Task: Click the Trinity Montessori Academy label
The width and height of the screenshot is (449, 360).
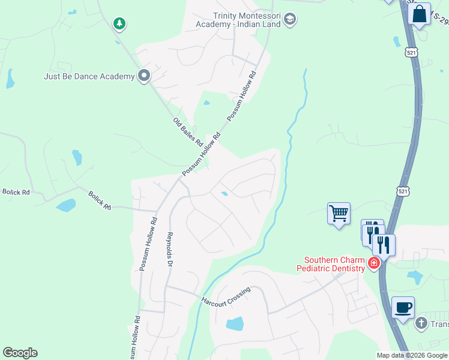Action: coord(247,20)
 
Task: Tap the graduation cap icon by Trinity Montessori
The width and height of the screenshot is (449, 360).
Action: coord(291,20)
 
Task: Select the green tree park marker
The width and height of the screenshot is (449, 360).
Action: coord(120,24)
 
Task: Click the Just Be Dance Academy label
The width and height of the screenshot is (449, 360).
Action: coord(89,76)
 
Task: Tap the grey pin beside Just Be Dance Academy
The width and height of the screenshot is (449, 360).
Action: coord(144,76)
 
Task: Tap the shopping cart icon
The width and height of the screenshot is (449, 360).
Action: coord(339,212)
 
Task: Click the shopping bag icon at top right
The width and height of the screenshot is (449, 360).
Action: coord(420,13)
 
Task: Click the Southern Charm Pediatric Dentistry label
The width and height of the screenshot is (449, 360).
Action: coord(334,264)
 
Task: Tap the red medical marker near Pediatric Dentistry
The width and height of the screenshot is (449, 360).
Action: coord(374,263)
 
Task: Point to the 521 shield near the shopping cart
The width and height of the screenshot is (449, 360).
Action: coord(403,191)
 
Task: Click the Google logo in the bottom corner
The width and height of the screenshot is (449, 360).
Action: coord(20,353)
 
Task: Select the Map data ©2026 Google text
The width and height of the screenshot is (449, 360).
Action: coord(412,355)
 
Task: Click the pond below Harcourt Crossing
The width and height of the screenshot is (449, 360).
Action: coord(235,324)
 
